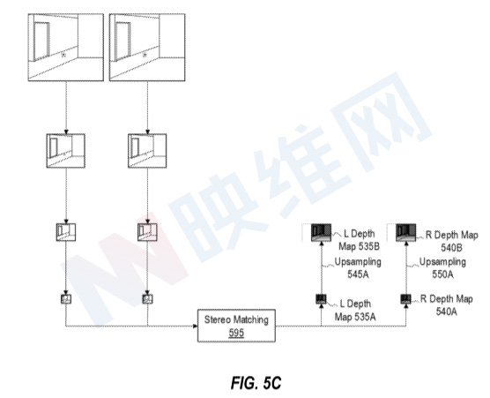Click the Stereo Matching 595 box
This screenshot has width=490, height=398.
pos(236,326)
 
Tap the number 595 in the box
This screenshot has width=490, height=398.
pos(236,333)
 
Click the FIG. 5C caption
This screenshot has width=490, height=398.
pos(256,383)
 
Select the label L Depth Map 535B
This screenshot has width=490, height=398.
pos(359,240)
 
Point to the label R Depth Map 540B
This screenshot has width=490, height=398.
pos(451,241)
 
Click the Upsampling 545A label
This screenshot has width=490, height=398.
pos(358,268)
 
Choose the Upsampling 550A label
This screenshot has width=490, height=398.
pos(442,268)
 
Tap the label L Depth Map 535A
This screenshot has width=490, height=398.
pos(355,310)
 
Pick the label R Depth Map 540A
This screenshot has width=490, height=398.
pos(446,305)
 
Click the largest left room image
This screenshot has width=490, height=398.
pos(65,48)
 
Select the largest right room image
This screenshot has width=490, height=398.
pos(147,48)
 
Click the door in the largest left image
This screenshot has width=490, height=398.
pos(41,41)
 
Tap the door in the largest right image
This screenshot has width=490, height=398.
pos(122,41)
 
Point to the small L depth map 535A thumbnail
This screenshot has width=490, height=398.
pos(321,299)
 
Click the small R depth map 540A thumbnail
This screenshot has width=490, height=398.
pos(406,299)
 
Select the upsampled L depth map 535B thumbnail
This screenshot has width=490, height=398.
pos(322,232)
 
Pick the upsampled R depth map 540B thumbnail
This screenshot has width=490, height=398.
pos(406,232)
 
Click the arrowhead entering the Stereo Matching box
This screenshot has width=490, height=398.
pos(196,326)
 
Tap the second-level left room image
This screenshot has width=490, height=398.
pos(65,151)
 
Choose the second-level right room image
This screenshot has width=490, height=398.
pos(147,151)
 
